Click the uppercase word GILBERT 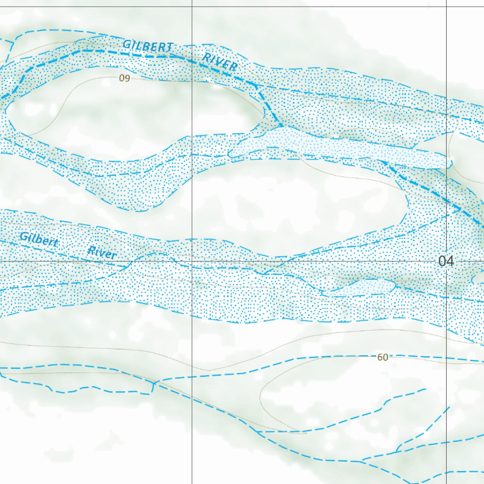click(148, 46)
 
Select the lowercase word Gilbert click(39, 240)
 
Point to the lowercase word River click(102, 252)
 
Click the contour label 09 click(124, 78)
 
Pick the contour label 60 click(383, 357)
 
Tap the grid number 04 click(446, 261)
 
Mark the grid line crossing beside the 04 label click(447, 261)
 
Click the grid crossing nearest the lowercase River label click(192, 261)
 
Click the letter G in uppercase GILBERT click(127, 44)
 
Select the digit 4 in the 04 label click(449, 261)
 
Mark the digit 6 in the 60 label click(380, 357)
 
